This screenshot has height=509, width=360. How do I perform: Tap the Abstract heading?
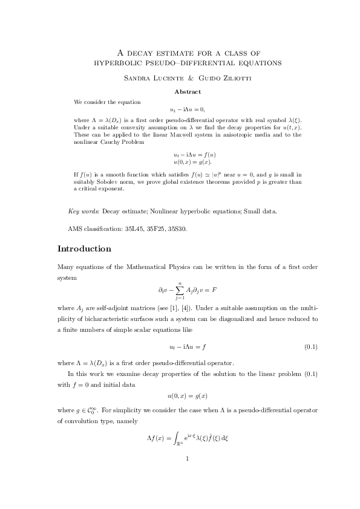(x=188, y=92)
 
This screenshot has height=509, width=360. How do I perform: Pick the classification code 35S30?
(x=177, y=229)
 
